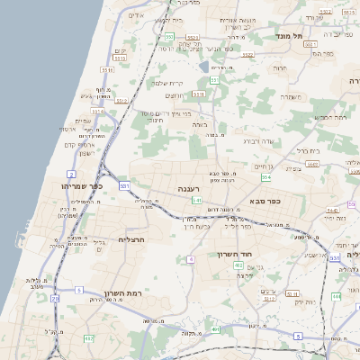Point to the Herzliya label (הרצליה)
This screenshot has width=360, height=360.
point(131,240)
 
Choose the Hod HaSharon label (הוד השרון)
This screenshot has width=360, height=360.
point(233,255)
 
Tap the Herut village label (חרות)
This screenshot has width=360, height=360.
point(280,67)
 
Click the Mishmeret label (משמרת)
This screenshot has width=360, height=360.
point(290,96)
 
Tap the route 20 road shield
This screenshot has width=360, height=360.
point(55,297)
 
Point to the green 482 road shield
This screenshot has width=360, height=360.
point(88,337)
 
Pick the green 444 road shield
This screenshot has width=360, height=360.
point(336,295)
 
